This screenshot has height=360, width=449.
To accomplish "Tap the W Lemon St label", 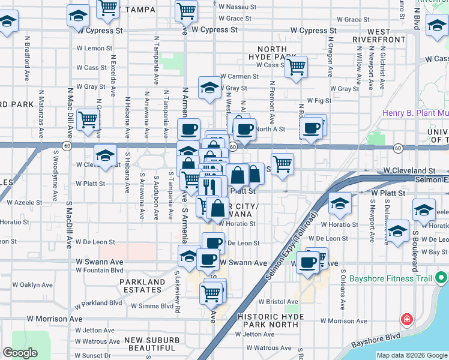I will click(94, 48).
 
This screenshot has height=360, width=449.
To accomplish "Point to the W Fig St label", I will click(319, 101).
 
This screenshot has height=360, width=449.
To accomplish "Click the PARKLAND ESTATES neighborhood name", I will click(142, 286).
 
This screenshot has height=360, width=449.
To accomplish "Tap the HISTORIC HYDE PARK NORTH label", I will click(268, 320).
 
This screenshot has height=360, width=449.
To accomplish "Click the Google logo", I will click(20, 353).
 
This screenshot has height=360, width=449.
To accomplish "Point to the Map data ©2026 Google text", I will click(412, 355).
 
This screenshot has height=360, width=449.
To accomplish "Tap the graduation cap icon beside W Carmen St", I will click(209, 88).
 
